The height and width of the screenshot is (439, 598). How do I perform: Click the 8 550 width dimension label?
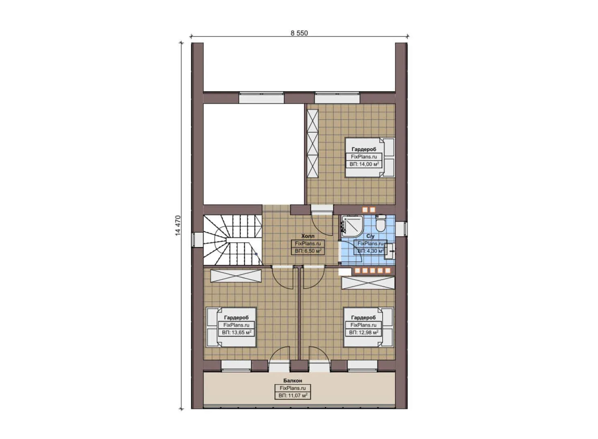299,33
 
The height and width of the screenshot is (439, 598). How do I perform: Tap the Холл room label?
308,236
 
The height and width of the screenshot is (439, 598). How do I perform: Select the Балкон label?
292,381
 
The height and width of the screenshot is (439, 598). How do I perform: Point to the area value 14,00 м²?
364,164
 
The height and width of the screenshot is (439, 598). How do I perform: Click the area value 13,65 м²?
236,333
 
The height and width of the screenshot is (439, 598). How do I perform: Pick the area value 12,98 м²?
364,333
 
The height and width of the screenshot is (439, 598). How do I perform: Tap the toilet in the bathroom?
381,223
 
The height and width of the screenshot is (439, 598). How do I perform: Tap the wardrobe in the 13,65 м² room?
235,276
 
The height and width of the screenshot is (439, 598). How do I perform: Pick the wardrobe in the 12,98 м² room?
368,283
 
